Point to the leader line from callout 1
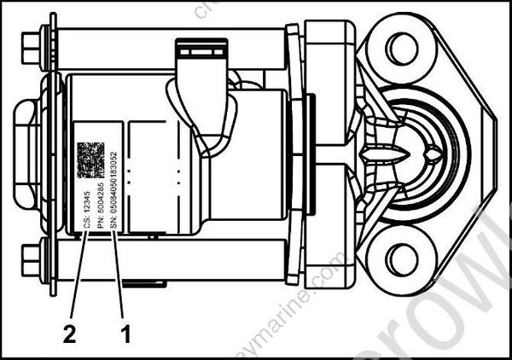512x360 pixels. click(119, 282)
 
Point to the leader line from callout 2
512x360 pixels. click(78, 282)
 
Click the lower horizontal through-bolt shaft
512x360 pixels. click(171, 255)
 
